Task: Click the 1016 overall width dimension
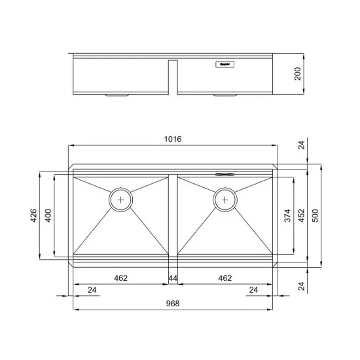click(173, 139)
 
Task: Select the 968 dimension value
click(173, 303)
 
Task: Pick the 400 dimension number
click(48, 215)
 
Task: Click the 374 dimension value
click(287, 215)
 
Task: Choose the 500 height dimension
click(315, 215)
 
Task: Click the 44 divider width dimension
click(173, 278)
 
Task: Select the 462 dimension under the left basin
click(120, 278)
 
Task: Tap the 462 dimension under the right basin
click(225, 278)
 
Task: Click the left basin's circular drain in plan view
click(121, 199)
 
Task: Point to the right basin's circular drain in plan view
click(225, 199)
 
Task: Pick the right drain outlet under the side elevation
click(224, 96)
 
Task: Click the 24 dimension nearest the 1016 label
click(301, 145)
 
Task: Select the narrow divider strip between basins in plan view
click(173, 216)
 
